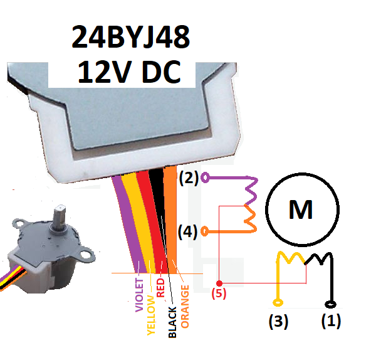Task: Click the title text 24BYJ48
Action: pos(131,37)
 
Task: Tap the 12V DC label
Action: pos(129,71)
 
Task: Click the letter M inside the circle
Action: pos(301,209)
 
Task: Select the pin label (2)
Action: pos(189,178)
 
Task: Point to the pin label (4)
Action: pos(188,232)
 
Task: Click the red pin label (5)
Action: pos(219,294)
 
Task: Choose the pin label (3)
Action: pos(278,321)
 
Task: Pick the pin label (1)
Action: pos(331,320)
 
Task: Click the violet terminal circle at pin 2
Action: pos(206,178)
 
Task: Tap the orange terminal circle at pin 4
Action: pos(204,231)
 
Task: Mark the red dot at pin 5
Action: pos(219,283)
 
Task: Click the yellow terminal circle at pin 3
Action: pos(278,303)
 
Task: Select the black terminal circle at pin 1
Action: pos(330,305)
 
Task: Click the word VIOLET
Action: pos(139,295)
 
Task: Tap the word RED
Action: pos(160,287)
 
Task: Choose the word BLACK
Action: pos(172,322)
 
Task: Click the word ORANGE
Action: pos(185,307)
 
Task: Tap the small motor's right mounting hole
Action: pos(85,254)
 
